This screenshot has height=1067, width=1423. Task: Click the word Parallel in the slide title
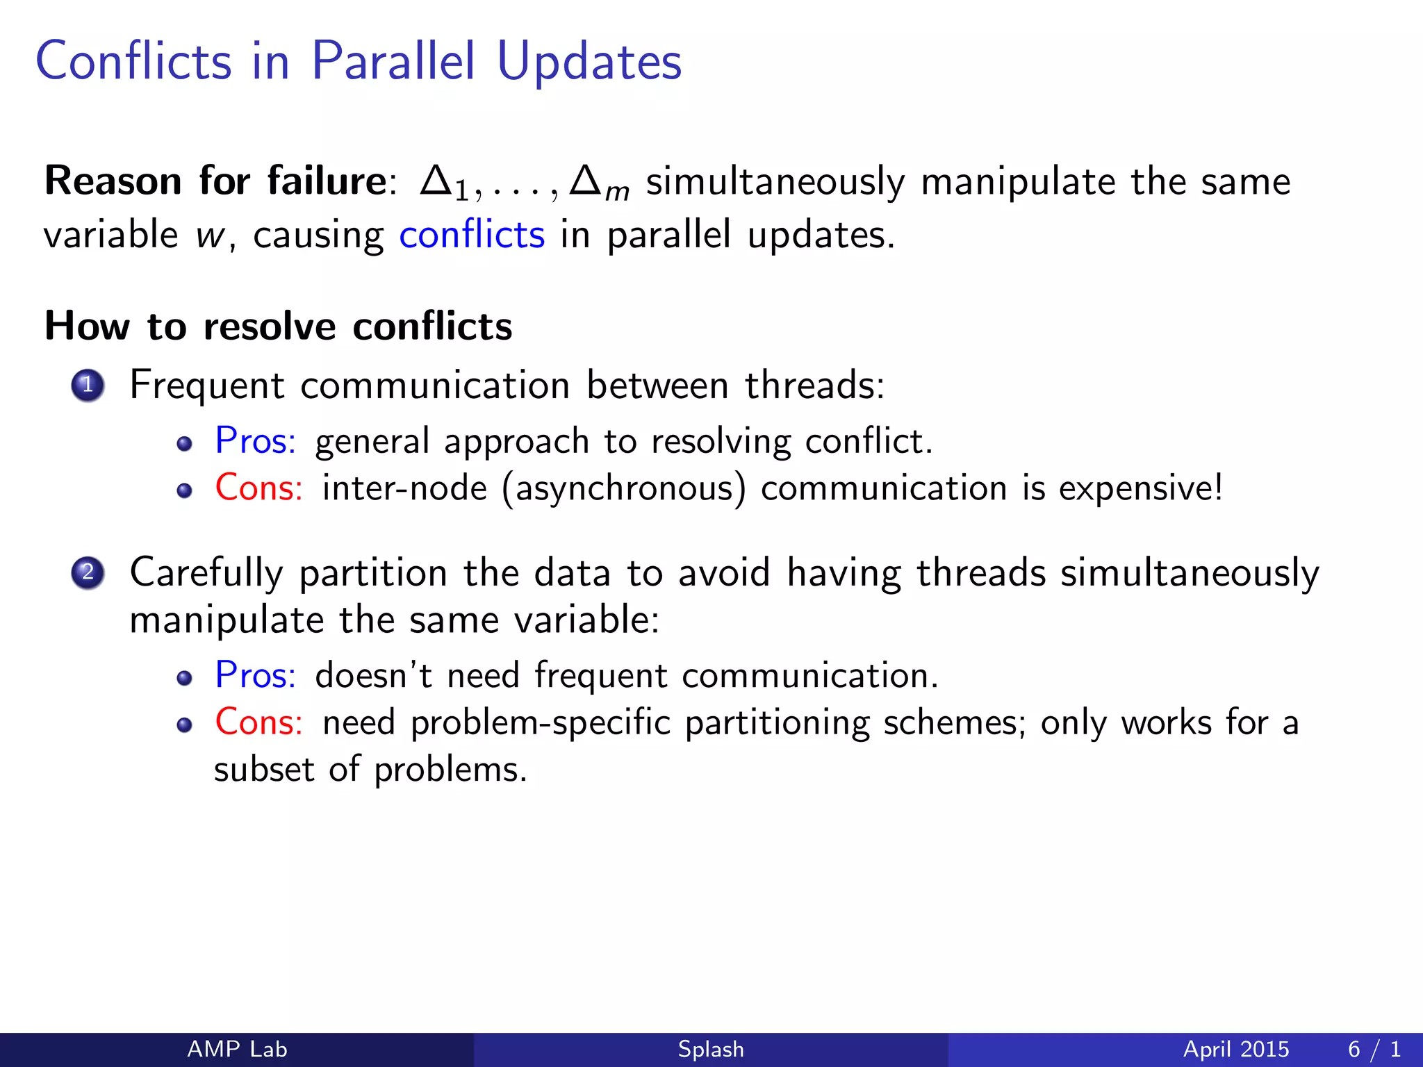(393, 61)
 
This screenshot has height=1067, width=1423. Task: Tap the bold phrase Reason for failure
(215, 181)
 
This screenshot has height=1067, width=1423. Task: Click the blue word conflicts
(472, 235)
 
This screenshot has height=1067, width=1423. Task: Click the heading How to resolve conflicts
(278, 326)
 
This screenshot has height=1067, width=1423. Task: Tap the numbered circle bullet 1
(88, 385)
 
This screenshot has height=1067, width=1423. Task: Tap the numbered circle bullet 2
(88, 573)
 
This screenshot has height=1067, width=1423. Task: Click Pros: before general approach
(255, 441)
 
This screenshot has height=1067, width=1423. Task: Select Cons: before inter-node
(258, 488)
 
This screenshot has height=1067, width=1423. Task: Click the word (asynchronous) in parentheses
(623, 488)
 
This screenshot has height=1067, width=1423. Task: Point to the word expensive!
(1140, 488)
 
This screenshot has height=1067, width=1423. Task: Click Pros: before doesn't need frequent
(255, 675)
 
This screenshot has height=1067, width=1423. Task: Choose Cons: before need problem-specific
(258, 722)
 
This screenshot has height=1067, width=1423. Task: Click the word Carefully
(206, 574)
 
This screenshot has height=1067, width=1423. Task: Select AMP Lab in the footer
(237, 1049)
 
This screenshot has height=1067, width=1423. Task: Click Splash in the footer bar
(711, 1049)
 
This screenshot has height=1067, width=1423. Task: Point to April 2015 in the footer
(1236, 1049)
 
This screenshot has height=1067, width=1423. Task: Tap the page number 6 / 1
(1374, 1049)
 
